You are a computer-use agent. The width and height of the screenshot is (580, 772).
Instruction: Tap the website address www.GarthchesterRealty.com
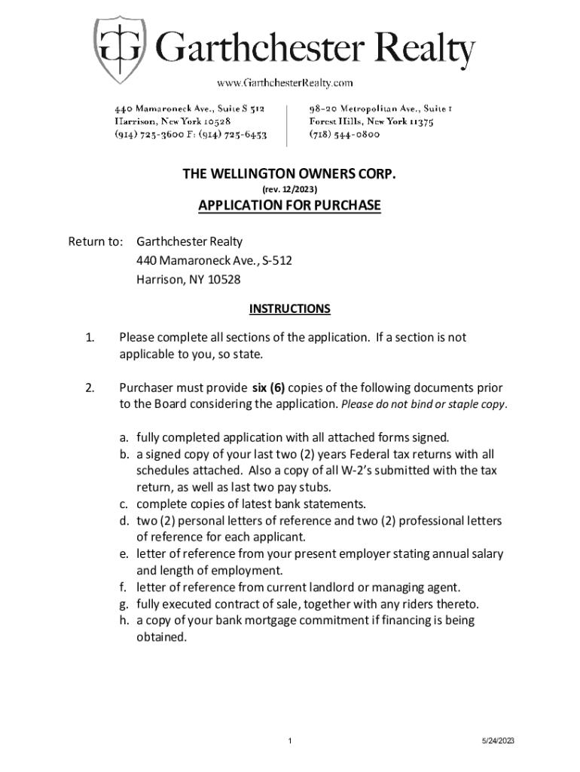285,82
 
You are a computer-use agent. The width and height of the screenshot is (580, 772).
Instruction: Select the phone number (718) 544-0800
344,135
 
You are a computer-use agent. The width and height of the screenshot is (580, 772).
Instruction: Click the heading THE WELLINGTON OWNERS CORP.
289,175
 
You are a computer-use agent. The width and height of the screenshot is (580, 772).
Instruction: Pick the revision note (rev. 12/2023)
289,191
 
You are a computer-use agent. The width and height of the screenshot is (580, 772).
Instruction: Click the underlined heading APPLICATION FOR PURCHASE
289,206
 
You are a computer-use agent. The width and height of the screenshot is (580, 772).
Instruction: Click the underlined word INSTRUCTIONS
289,309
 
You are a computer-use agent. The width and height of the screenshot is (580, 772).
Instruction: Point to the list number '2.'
90,388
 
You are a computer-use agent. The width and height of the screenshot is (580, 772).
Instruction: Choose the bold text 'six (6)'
269,388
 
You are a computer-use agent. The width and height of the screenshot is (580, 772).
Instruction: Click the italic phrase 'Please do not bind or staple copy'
423,404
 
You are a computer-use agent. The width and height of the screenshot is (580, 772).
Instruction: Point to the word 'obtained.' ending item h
160,636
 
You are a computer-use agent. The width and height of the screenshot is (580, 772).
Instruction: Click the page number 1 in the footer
289,741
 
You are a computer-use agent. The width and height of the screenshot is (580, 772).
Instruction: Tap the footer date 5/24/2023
498,741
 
